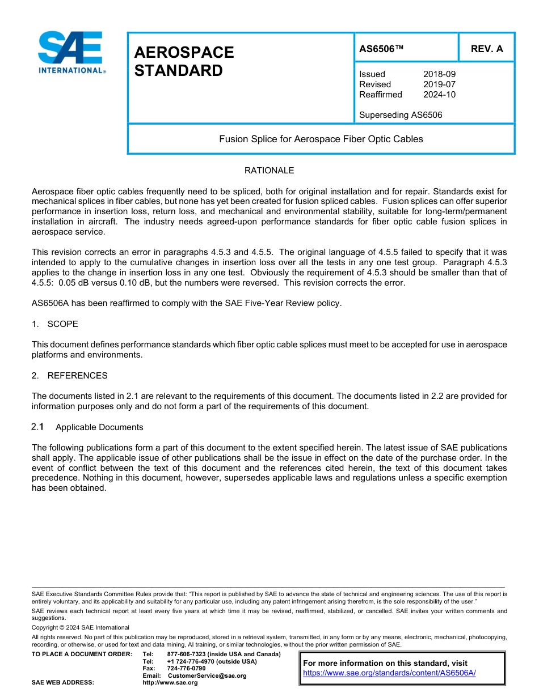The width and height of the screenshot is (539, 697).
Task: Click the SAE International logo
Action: pos(70,53)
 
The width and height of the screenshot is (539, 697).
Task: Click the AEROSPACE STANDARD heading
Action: pos(183,61)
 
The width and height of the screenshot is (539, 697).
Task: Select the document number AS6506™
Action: pos(381,49)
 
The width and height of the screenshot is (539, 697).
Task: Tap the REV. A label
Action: pos(486,49)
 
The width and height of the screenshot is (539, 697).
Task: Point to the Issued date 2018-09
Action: pos(439,74)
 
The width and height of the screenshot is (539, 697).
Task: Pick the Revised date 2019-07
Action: pos(439,84)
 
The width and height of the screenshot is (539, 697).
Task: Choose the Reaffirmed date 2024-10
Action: pos(439,95)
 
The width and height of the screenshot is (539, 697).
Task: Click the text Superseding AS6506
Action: pos(401,115)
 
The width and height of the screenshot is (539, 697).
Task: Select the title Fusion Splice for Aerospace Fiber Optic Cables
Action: pos(321,139)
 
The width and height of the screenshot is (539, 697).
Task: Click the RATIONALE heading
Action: pos(269,171)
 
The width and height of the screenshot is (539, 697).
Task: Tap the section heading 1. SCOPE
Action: pos(55,324)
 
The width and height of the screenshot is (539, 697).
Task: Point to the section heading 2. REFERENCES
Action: pos(69,376)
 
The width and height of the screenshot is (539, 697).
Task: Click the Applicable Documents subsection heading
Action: pos(99,427)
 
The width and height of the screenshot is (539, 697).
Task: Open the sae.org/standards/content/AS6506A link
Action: pos(389,673)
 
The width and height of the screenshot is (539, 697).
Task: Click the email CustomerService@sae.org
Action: pos(207,675)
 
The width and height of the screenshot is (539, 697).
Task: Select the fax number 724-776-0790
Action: pos(186,669)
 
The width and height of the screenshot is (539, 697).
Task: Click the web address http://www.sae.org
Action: pos(170,683)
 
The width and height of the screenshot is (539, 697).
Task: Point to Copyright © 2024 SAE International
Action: pos(81,627)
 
